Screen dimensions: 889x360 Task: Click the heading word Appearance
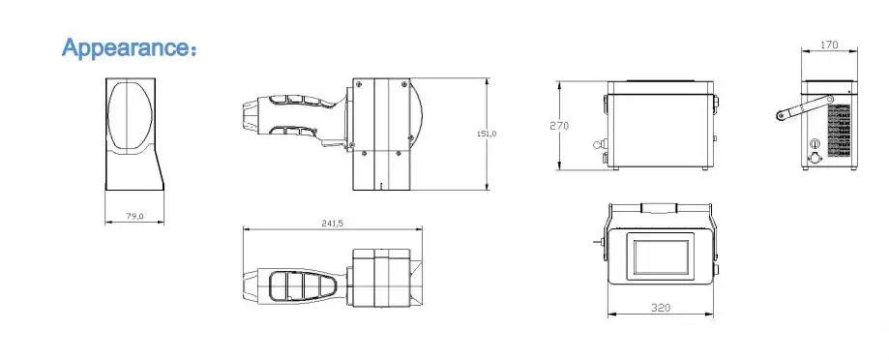[125, 47]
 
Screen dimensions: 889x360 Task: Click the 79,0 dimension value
[134, 216]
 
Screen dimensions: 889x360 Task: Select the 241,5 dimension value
[332, 224]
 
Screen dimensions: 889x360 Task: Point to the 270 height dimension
[559, 126]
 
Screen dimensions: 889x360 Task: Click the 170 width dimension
[829, 45]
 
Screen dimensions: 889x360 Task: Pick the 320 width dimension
[661, 308]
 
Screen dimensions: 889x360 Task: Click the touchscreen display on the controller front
[661, 256]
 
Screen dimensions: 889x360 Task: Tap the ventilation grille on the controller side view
[840, 130]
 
